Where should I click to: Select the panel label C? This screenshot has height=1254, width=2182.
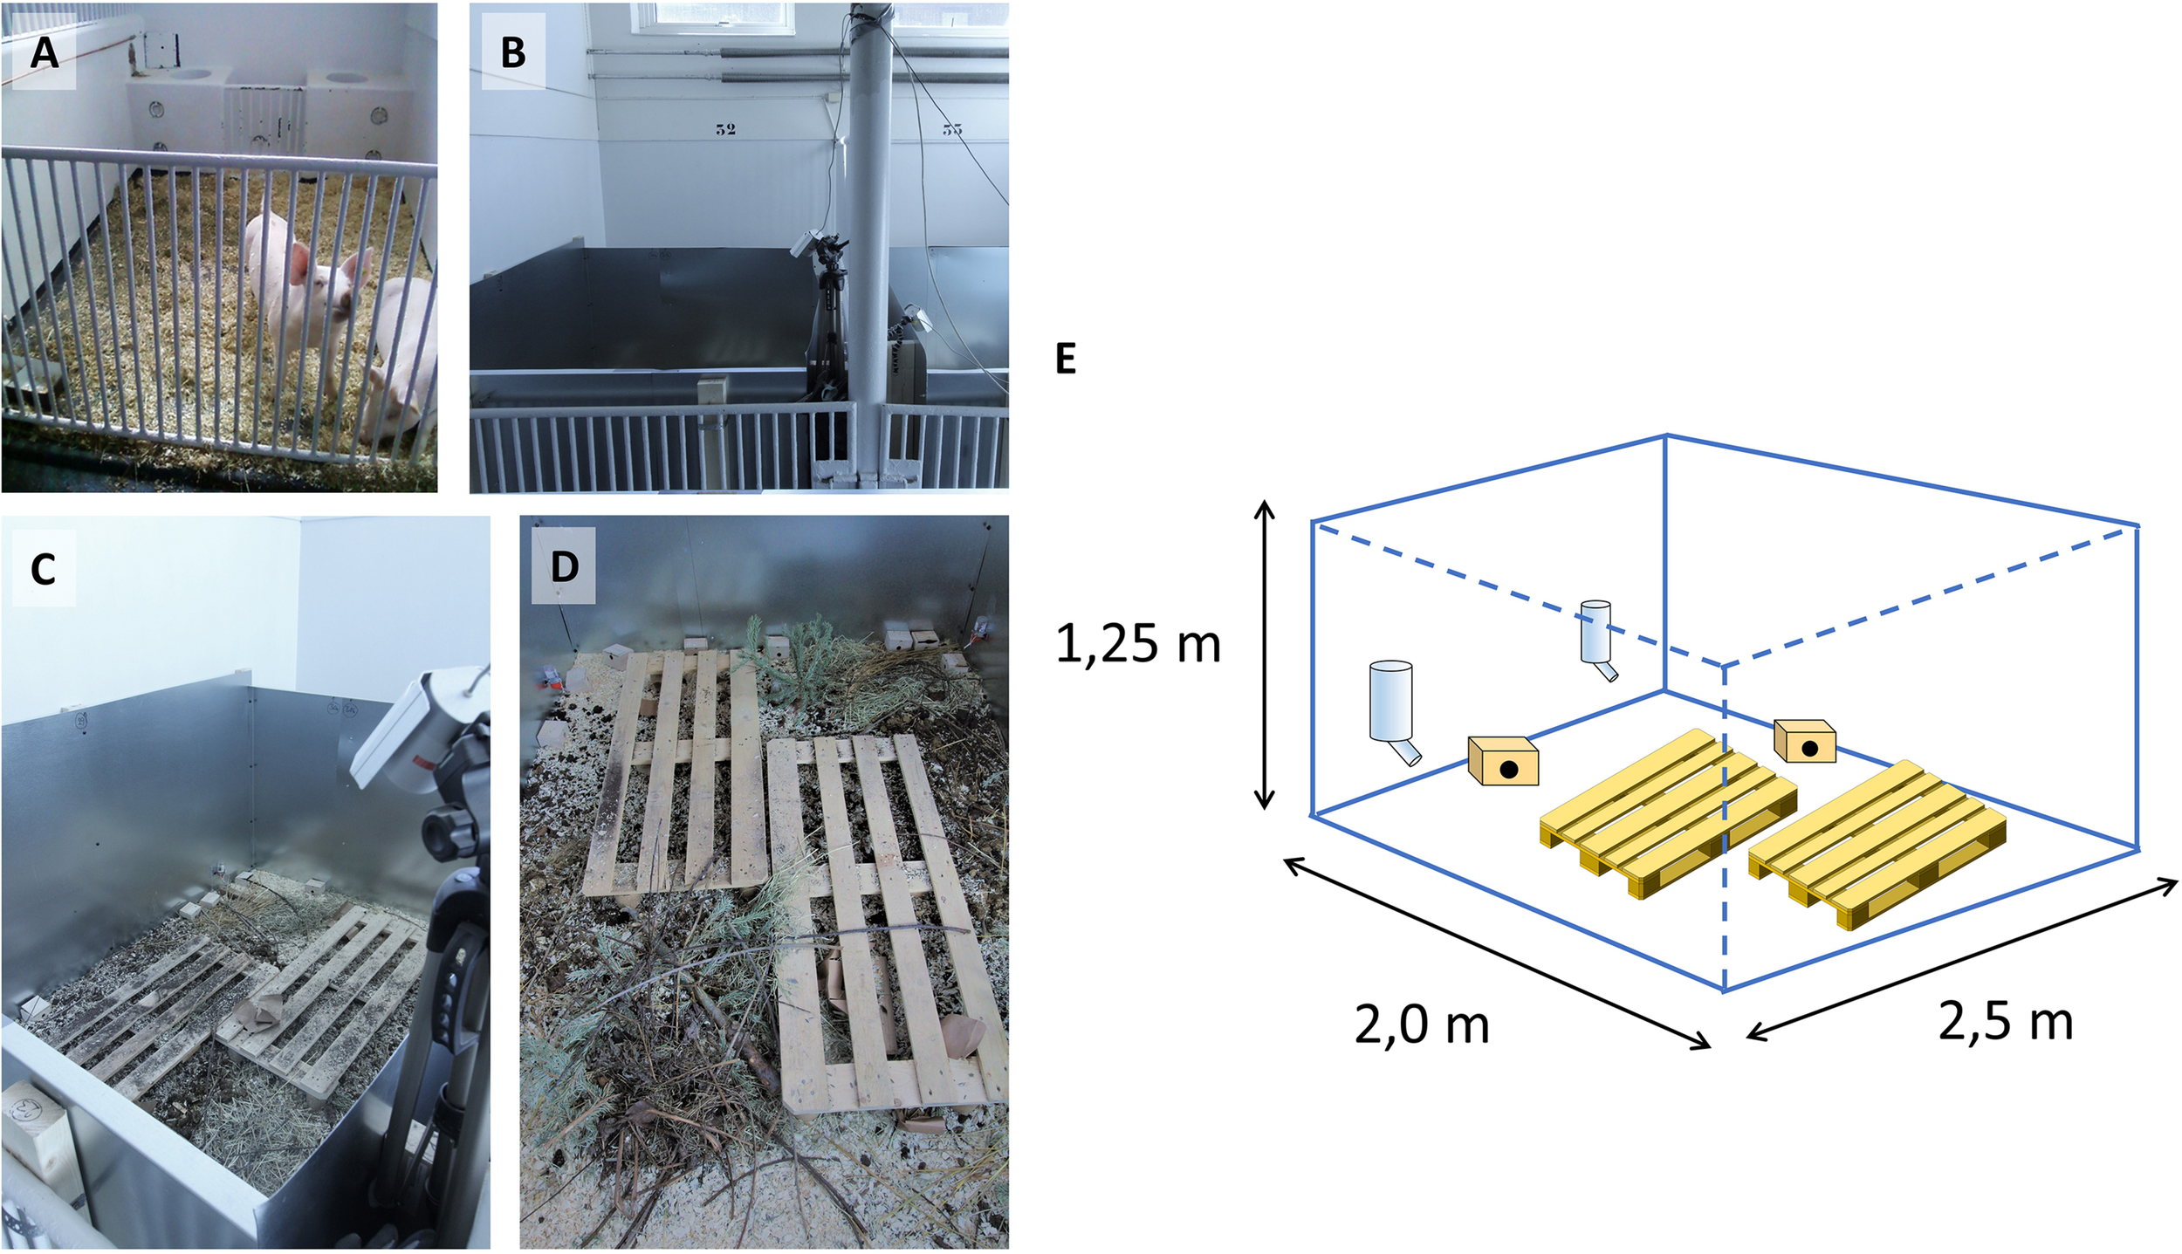point(43,569)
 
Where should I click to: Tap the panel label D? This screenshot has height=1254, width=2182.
point(564,567)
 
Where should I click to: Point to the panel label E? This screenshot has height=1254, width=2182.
point(1066,359)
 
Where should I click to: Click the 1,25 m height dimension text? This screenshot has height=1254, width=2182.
point(1137,644)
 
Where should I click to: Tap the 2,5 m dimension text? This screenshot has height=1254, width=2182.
point(2005,1020)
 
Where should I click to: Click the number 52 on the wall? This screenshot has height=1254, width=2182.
point(725,129)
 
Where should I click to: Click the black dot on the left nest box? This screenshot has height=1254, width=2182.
point(1508,769)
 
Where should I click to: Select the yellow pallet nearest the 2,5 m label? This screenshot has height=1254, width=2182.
point(1877,842)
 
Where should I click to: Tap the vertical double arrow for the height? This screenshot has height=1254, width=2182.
point(1264,654)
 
